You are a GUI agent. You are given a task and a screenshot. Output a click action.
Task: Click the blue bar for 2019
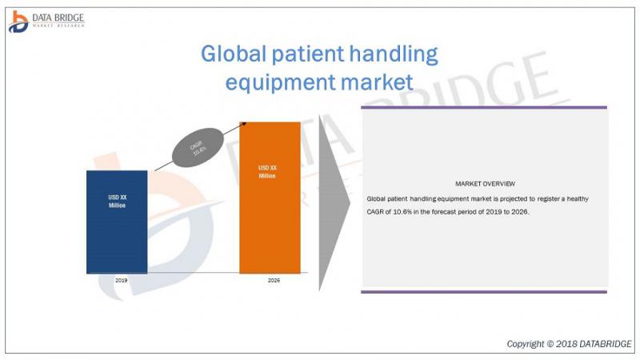coord(117,222)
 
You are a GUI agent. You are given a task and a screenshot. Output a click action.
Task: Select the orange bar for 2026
coord(270,198)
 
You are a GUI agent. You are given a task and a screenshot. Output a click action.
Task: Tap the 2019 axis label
coord(122,281)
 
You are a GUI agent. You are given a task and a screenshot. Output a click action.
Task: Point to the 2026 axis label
coord(274,281)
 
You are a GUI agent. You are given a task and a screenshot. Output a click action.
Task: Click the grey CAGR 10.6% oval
coord(198,148)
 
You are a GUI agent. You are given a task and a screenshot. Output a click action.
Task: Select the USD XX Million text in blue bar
coord(117,202)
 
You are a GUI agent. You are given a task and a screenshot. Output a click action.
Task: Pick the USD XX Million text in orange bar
coord(267,172)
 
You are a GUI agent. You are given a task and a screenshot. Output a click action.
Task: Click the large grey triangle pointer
coord(334,203)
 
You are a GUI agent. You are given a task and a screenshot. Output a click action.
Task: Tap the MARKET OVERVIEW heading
coord(485,184)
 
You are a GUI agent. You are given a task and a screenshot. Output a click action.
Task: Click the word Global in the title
coord(234,54)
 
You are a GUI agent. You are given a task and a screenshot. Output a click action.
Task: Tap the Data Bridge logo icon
coord(18,22)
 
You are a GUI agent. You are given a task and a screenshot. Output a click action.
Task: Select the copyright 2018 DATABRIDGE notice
coord(569,344)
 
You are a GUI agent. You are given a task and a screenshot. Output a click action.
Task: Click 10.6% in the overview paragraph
coord(402,212)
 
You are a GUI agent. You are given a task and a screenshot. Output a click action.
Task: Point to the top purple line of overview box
coord(484,107)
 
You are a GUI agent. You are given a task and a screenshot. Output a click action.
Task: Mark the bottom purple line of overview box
coord(484,292)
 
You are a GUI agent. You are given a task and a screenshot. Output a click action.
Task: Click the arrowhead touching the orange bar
coord(244,124)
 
